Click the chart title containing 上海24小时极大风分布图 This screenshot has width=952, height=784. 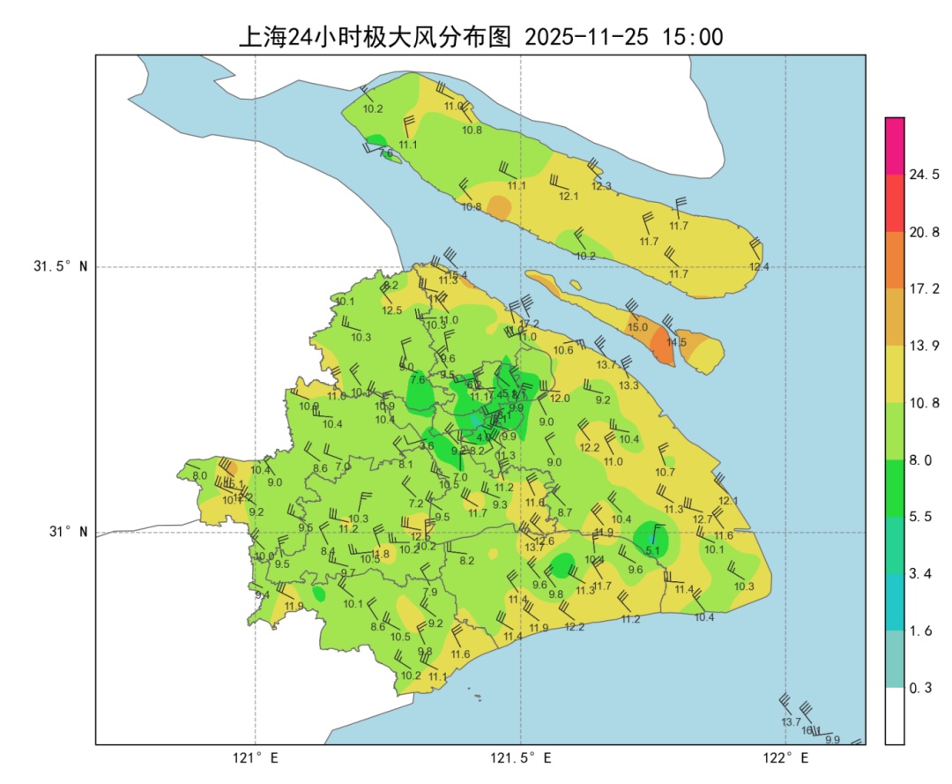pyautogui.click(x=481, y=37)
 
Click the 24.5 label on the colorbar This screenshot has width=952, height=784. pyautogui.click(x=924, y=175)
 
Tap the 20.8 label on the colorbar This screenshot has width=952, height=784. pyautogui.click(x=924, y=232)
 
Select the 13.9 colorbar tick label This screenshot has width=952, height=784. pyautogui.click(x=924, y=346)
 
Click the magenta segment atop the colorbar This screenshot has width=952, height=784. pyautogui.click(x=895, y=146)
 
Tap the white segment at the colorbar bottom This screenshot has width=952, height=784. pyautogui.click(x=895, y=715)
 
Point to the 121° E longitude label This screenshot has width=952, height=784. pyautogui.click(x=256, y=758)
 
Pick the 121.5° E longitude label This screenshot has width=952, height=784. pyautogui.click(x=521, y=758)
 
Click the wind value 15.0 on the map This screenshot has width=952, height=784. pyautogui.click(x=637, y=327)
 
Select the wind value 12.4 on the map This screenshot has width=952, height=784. pyautogui.click(x=758, y=267)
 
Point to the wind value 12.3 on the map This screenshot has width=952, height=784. pyautogui.click(x=601, y=186)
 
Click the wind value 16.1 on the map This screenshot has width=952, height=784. pyautogui.click(x=811, y=730)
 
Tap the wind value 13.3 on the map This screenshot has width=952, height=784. pyautogui.click(x=628, y=385)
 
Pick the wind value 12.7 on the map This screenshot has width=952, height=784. pyautogui.click(x=702, y=519)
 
